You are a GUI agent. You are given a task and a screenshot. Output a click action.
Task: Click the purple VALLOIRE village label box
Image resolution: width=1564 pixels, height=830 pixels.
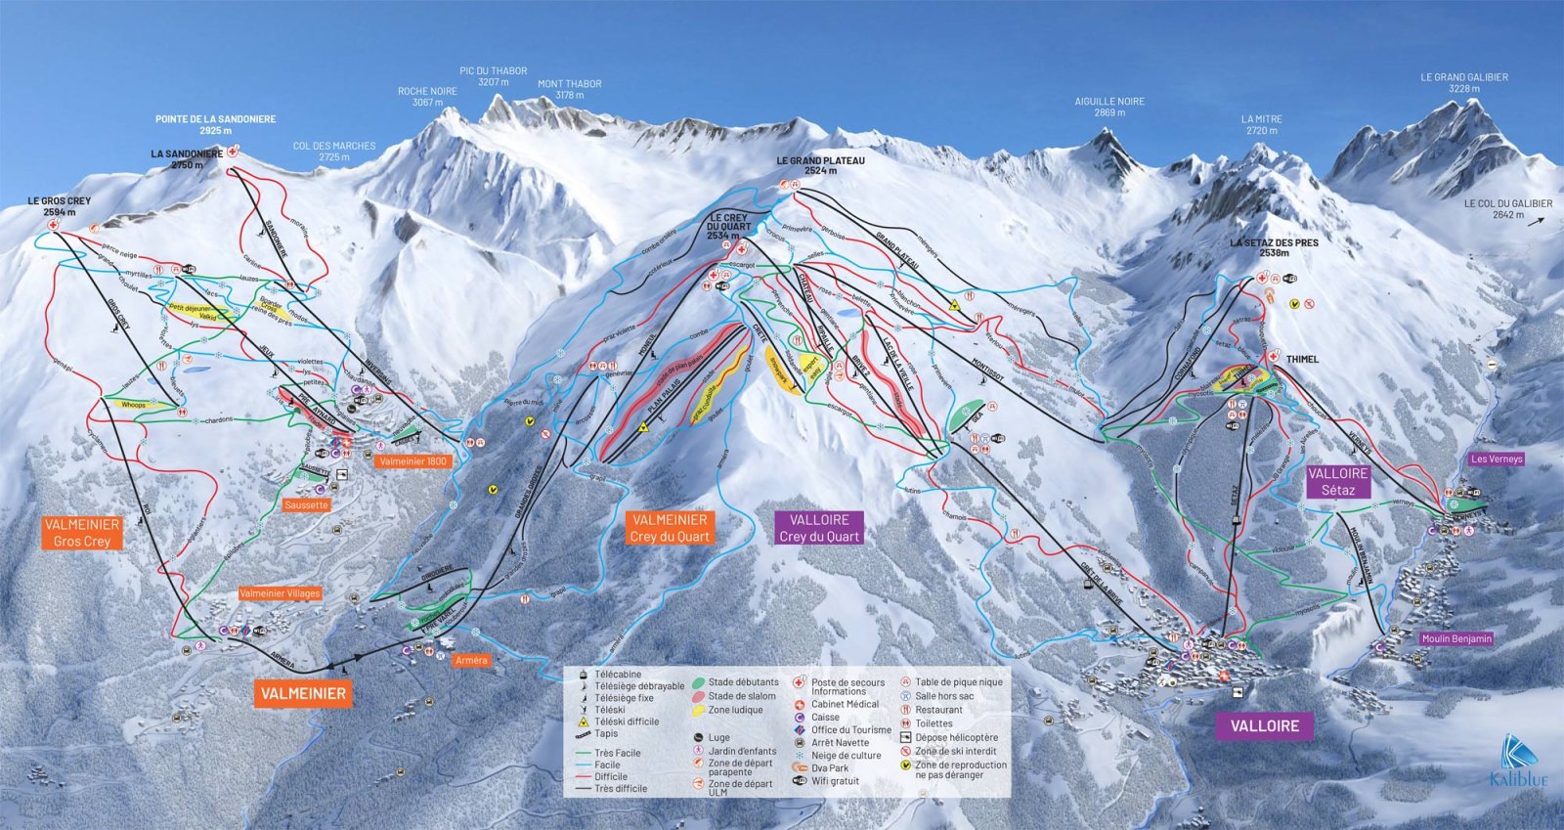1264,725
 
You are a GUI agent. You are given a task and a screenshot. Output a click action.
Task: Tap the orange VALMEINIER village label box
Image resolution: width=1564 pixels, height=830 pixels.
302,693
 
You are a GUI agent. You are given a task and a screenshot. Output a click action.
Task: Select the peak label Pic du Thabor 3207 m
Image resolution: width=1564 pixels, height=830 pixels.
493,76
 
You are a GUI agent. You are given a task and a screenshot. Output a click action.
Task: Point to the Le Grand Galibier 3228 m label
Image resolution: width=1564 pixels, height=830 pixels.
1463,82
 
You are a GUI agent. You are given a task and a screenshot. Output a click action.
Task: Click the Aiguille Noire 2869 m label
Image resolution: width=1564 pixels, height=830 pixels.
1108,107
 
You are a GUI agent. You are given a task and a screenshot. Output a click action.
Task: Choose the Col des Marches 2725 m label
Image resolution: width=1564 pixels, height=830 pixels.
333,151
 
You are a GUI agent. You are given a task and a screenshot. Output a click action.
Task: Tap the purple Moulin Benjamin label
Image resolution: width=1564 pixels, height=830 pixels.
1456,638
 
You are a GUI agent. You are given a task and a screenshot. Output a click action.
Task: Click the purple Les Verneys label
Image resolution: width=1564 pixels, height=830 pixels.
1496,459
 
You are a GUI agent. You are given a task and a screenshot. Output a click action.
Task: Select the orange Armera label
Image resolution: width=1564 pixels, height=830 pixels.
470,661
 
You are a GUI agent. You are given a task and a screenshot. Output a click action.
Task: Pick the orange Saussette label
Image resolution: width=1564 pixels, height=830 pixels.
306,505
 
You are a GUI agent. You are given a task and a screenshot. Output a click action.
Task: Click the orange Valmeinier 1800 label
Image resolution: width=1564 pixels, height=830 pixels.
412,461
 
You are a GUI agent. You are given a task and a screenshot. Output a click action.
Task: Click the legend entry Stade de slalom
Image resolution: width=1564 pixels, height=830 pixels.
741,696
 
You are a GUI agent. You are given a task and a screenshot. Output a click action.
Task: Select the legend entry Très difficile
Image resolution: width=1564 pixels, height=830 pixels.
621,788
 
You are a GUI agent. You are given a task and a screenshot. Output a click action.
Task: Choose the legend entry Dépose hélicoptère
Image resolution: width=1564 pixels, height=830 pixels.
955,737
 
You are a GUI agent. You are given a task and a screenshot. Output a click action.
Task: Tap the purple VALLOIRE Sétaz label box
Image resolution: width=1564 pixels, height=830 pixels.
1337,481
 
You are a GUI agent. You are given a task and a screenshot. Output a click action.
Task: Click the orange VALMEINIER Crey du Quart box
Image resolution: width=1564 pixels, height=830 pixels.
670,528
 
